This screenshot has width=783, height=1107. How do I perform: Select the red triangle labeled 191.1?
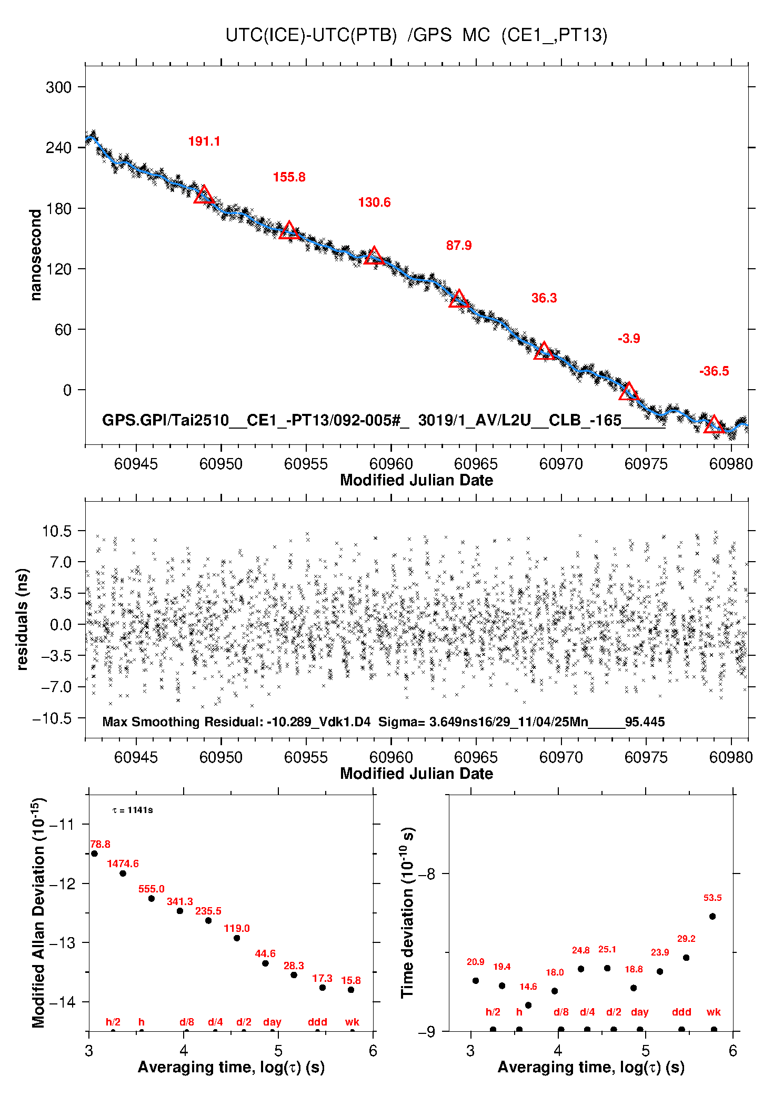(204, 195)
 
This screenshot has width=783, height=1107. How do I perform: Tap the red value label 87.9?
(459, 246)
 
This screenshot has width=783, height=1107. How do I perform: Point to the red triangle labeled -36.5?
(714, 424)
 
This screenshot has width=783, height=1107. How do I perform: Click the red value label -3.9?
(629, 339)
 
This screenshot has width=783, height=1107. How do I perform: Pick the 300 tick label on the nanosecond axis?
(58, 87)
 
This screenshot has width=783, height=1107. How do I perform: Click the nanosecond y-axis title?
(35, 255)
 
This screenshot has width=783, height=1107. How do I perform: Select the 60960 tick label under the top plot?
(391, 464)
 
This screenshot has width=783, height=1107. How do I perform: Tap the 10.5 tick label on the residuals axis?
(56, 531)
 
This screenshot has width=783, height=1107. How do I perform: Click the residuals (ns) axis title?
(22, 619)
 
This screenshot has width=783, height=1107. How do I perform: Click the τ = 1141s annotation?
(133, 810)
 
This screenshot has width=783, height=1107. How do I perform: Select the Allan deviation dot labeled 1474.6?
(123, 874)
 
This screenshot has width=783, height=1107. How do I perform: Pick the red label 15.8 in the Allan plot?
(351, 980)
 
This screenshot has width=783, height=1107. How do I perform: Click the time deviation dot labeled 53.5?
(712, 916)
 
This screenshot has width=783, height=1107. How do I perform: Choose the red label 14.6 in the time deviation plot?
(528, 987)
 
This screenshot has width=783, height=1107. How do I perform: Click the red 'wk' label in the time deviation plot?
(714, 1012)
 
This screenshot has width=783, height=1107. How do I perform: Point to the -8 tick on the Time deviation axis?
(426, 874)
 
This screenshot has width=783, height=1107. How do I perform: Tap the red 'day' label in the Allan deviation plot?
(272, 1022)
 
